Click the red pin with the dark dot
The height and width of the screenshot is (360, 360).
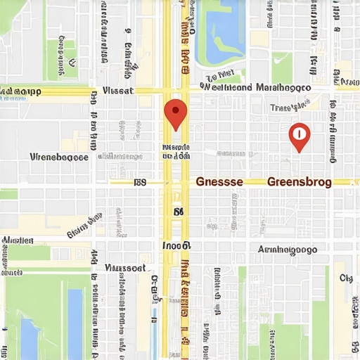pos(175,113)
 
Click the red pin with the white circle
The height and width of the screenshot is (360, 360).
pos(300,136)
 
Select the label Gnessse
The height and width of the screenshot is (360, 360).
pos(219,181)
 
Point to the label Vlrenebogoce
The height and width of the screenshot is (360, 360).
pos(60,157)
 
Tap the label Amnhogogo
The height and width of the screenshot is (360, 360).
pos(288,250)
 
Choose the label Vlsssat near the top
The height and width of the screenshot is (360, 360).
pos(118,91)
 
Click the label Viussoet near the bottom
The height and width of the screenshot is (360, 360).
pos(124,268)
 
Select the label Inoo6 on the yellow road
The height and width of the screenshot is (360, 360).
pos(176,246)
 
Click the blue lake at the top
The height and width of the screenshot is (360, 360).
pos(221,28)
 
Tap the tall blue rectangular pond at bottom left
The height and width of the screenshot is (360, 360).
pos(75,323)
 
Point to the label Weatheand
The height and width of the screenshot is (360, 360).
pos(226,88)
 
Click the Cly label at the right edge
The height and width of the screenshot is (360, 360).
pos(346,278)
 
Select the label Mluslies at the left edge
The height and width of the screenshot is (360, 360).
pos(18,240)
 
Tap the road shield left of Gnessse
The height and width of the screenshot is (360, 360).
pos(139,182)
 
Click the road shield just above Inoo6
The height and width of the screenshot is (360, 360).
pos(178,211)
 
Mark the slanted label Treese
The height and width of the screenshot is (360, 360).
pos(290,107)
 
